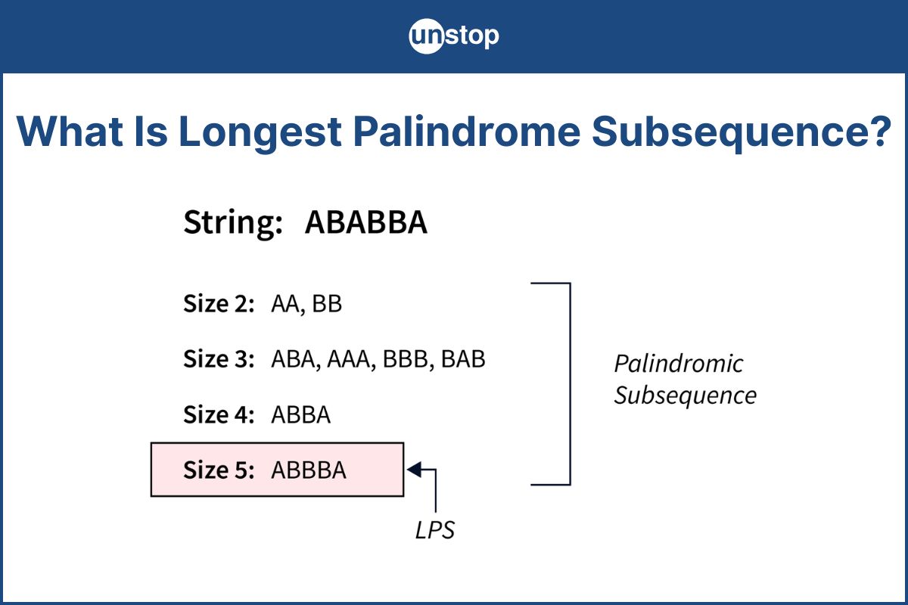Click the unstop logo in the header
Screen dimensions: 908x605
pos(453,36)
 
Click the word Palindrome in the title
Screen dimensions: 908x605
pos(467,132)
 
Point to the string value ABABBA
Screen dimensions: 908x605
pos(366,222)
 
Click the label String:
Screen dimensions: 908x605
pos(233,223)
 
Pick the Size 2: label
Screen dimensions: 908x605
pos(219,303)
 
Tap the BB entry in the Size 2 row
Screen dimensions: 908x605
pos(327,303)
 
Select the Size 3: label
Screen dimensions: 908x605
pos(219,359)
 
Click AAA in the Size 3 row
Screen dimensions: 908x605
pos(349,359)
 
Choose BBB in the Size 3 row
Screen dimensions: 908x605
pos(406,359)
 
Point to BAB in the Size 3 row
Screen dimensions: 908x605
pos(463,359)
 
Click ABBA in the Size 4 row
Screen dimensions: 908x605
pos(301,414)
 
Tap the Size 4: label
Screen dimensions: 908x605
pos(219,414)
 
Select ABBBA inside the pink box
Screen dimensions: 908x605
pos(309,470)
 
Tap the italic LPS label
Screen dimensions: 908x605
pos(435,530)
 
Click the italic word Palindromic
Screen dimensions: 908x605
pos(679,363)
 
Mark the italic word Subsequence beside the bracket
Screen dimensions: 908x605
pos(685,396)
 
